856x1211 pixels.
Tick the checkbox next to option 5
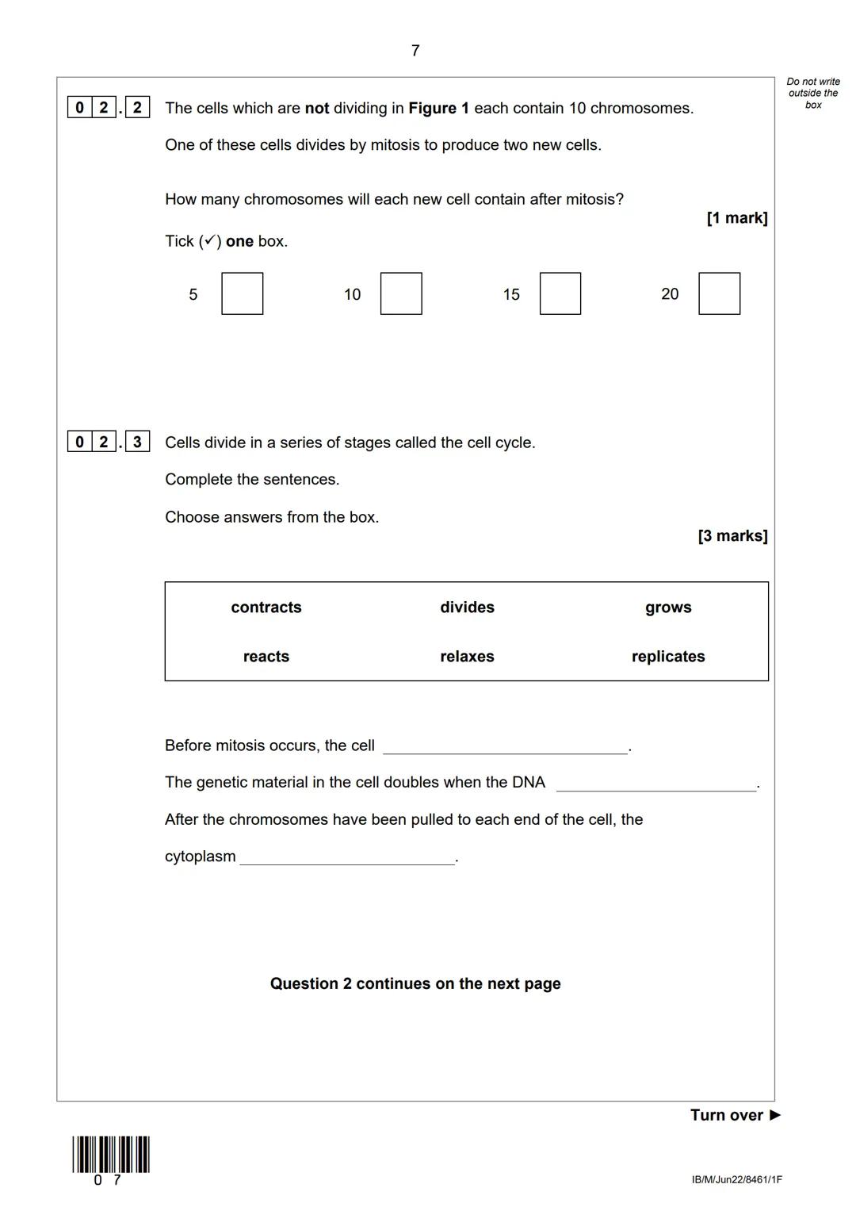(242, 293)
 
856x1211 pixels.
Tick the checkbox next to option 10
(401, 293)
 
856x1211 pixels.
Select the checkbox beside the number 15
(560, 293)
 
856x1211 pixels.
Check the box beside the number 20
(720, 293)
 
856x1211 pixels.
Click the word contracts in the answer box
(266, 607)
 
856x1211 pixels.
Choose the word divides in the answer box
(467, 607)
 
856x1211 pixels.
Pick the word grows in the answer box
(668, 607)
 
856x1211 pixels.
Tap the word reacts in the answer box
(266, 657)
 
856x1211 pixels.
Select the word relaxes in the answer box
(467, 657)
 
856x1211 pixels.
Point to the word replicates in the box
(668, 657)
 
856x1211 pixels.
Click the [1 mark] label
(736, 218)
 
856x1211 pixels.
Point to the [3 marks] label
(732, 536)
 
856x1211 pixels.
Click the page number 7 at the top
(415, 51)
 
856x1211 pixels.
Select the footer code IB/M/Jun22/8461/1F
(736, 1180)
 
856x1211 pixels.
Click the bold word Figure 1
(438, 108)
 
